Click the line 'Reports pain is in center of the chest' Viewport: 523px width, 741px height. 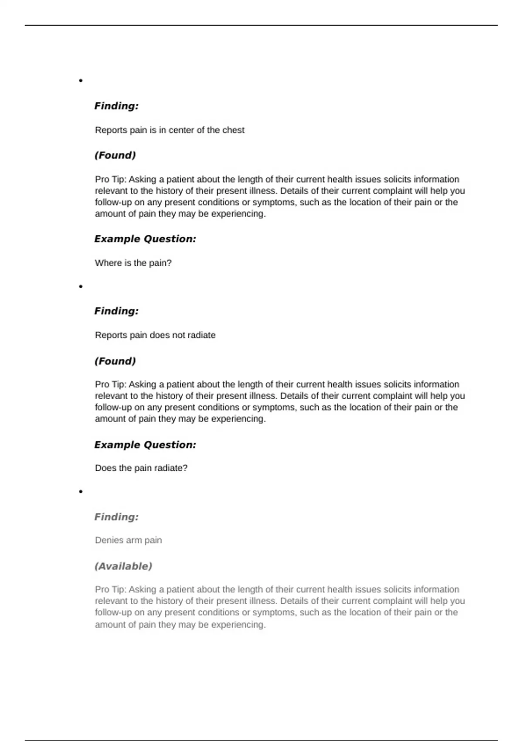[170, 130]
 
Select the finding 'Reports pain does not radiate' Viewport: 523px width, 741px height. [155, 335]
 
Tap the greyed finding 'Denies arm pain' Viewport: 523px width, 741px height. [128, 540]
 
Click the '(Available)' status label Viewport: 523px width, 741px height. [123, 566]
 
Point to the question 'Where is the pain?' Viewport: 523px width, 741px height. [133, 263]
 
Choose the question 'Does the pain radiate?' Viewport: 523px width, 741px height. [141, 468]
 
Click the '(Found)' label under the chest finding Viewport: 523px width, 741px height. [115, 155]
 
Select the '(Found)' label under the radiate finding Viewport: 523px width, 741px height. [115, 361]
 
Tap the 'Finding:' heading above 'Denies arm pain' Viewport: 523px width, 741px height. [116, 517]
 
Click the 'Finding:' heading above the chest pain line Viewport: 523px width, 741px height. [116, 106]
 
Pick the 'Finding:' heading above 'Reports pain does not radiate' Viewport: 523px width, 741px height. [116, 311]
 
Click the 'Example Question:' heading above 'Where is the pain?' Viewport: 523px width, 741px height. [145, 239]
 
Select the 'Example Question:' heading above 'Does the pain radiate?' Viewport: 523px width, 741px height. [145, 445]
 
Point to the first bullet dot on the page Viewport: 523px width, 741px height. [81, 81]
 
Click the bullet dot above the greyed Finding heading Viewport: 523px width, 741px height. [81, 492]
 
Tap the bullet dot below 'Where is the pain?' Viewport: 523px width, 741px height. [81, 286]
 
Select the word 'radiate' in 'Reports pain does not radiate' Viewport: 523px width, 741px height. [202, 335]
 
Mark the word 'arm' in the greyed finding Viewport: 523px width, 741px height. [134, 540]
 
